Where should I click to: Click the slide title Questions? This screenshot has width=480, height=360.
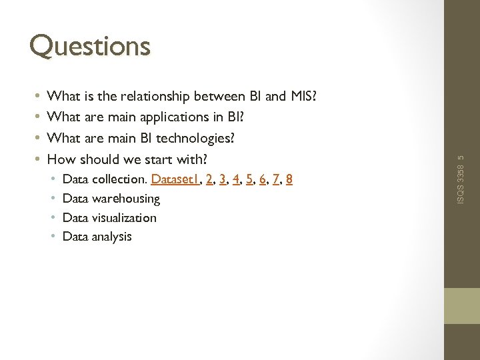tap(90, 46)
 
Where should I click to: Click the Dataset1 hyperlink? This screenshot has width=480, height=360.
tap(175, 179)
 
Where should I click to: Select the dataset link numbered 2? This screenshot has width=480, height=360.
tap(209, 179)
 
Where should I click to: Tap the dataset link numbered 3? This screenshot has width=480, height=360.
tap(222, 179)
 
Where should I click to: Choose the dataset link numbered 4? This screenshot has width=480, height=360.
tap(236, 179)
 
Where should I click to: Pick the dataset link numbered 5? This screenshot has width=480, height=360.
tap(249, 179)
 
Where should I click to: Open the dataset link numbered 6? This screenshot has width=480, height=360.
tap(262, 179)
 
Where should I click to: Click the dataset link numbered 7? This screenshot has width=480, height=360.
tap(275, 179)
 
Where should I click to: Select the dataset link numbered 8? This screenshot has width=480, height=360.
tap(289, 179)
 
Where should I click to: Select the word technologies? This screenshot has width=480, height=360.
tap(195, 138)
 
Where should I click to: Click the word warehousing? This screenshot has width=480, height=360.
tap(126, 199)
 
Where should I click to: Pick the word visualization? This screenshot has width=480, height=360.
tap(125, 218)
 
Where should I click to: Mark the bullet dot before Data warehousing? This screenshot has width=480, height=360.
tap(53, 199)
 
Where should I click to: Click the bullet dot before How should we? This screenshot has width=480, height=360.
tap(39, 159)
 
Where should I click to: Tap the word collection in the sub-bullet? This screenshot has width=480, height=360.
tap(119, 179)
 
